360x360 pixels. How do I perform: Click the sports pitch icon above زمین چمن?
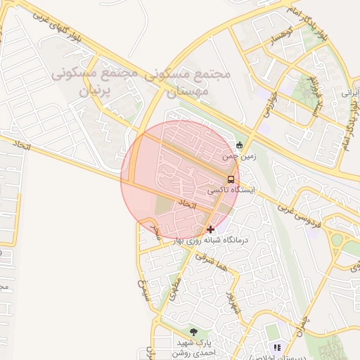(x=240, y=146)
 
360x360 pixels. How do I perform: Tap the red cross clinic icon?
(x=210, y=229)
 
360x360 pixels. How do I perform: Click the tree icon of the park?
(x=193, y=331)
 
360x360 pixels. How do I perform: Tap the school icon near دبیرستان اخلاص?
(x=277, y=347)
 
